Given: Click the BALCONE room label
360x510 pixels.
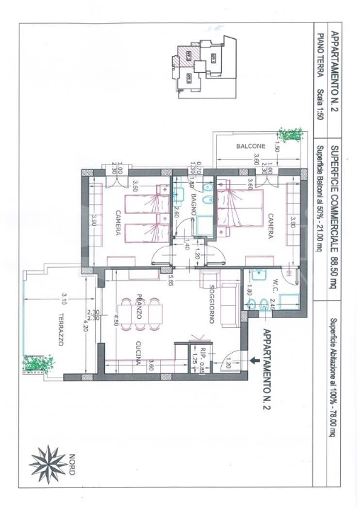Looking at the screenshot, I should coord(252,147).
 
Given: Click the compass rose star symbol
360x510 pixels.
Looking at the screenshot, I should coord(47,465).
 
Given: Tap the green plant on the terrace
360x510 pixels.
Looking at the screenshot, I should coord(38,363).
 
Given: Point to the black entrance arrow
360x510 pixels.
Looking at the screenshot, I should coord(253,360).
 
